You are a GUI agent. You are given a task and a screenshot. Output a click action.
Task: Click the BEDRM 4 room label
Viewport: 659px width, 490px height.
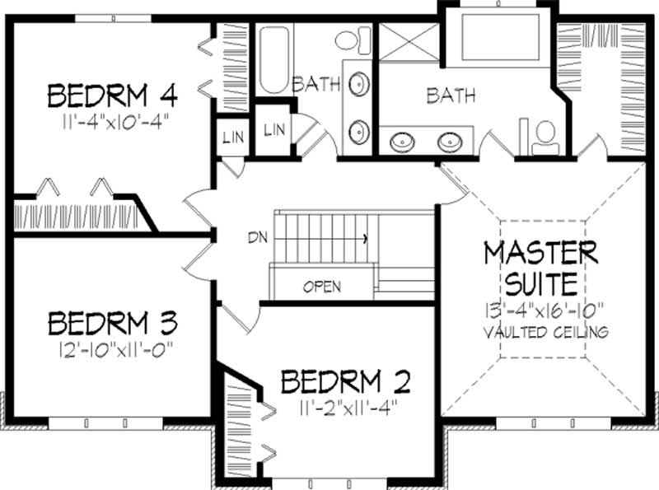point(113,96)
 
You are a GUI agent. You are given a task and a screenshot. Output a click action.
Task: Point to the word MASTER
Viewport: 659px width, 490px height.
point(540,253)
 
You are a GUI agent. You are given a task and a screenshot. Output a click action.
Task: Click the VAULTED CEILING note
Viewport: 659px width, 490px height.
point(546,333)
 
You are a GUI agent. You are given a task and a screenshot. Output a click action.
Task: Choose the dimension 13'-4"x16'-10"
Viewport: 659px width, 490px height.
point(545,311)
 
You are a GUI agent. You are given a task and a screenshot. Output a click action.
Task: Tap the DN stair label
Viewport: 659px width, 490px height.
point(256,238)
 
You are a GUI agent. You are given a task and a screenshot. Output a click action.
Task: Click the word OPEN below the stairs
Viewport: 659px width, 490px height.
point(322,287)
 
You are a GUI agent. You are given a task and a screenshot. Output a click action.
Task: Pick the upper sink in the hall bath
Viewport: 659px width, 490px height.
point(358,85)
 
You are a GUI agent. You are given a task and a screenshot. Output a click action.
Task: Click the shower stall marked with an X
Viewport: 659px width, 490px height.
point(409,40)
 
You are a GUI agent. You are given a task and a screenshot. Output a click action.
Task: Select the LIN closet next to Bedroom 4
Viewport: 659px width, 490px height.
point(231,138)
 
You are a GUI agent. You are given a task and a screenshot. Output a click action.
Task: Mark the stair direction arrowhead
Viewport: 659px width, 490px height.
point(364,238)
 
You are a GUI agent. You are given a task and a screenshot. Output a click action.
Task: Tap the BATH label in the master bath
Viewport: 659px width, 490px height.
point(451,96)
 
